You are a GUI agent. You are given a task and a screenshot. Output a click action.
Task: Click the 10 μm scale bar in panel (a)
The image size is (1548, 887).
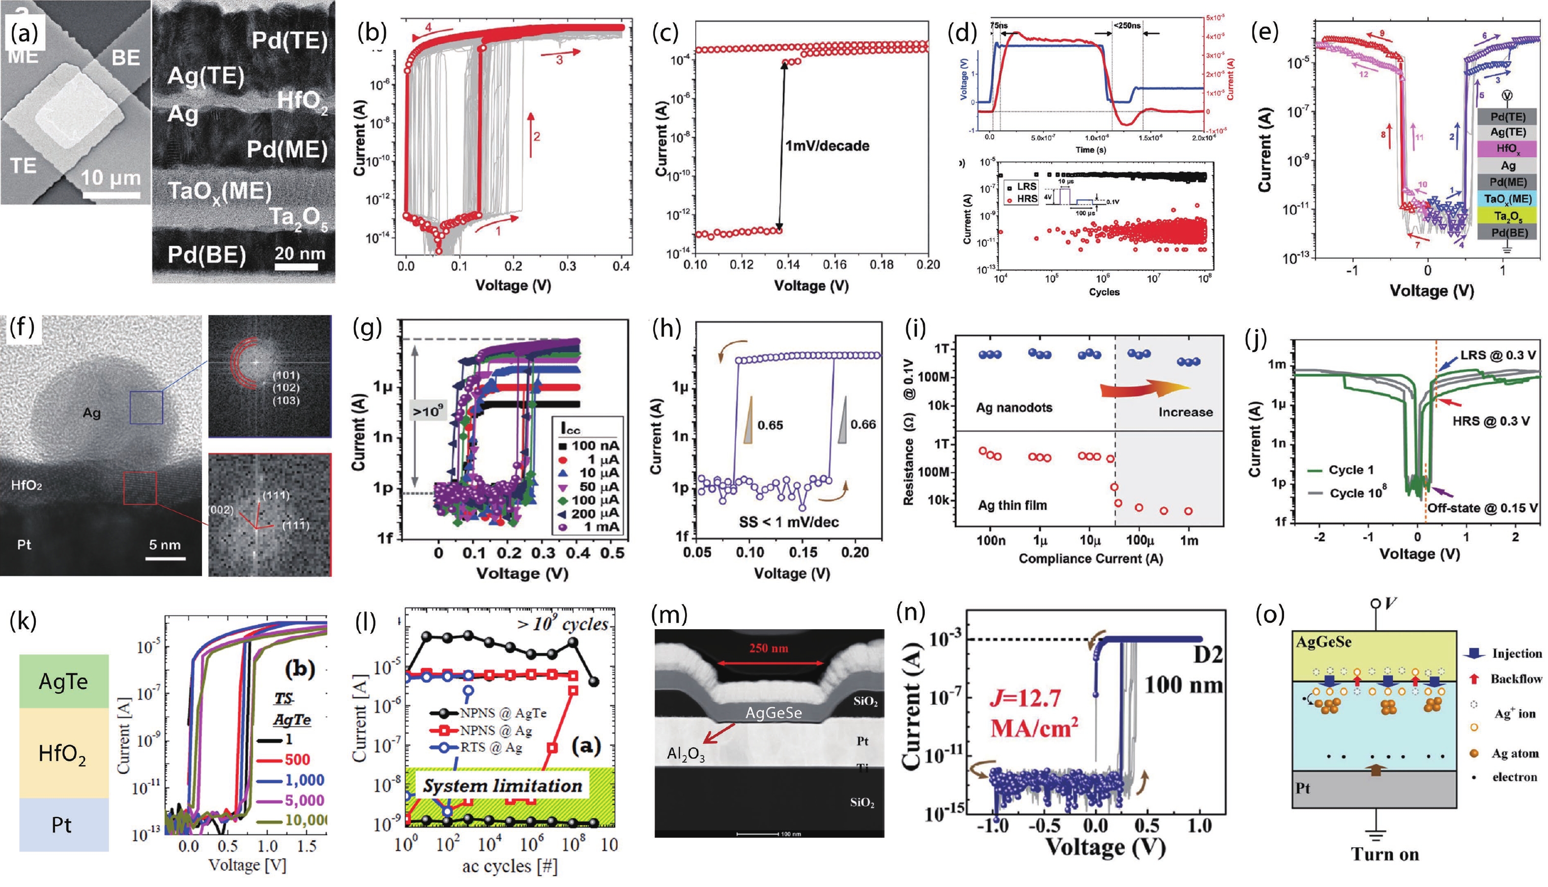111,194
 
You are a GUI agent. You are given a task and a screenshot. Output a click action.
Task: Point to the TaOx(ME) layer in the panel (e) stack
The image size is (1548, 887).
1507,198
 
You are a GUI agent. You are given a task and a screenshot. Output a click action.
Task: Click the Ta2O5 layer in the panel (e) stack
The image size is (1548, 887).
1507,216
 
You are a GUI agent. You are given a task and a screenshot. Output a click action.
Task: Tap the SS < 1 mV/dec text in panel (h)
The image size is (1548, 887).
789,522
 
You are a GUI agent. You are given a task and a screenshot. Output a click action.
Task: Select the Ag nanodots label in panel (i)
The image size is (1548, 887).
1013,407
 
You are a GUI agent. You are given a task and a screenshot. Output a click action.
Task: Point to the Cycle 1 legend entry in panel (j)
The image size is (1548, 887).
1347,470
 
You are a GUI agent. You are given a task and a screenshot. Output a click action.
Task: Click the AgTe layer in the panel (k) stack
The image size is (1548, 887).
63,681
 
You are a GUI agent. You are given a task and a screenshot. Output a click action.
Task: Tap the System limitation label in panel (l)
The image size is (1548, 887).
502,786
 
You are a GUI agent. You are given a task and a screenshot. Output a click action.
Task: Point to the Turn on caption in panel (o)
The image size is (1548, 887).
1385,854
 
